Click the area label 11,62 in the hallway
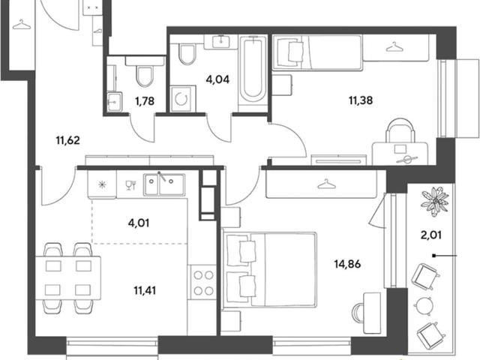[x=68, y=140]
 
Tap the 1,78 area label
[x=145, y=100]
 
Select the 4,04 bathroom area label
[x=217, y=79]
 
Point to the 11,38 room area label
[x=361, y=100]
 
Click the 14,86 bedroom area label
[x=347, y=263]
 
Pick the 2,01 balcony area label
[x=431, y=235]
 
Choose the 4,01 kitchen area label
[x=139, y=223]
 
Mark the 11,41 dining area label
[x=145, y=290]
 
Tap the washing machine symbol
[x=183, y=98]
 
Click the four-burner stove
[x=203, y=283]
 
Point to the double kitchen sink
[x=164, y=184]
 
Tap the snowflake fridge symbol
[x=102, y=184]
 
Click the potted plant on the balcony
[x=435, y=201]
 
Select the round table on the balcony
[x=424, y=305]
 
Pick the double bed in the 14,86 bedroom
[x=269, y=270]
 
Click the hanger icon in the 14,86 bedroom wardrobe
[x=327, y=184]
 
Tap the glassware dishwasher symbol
[x=130, y=185]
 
